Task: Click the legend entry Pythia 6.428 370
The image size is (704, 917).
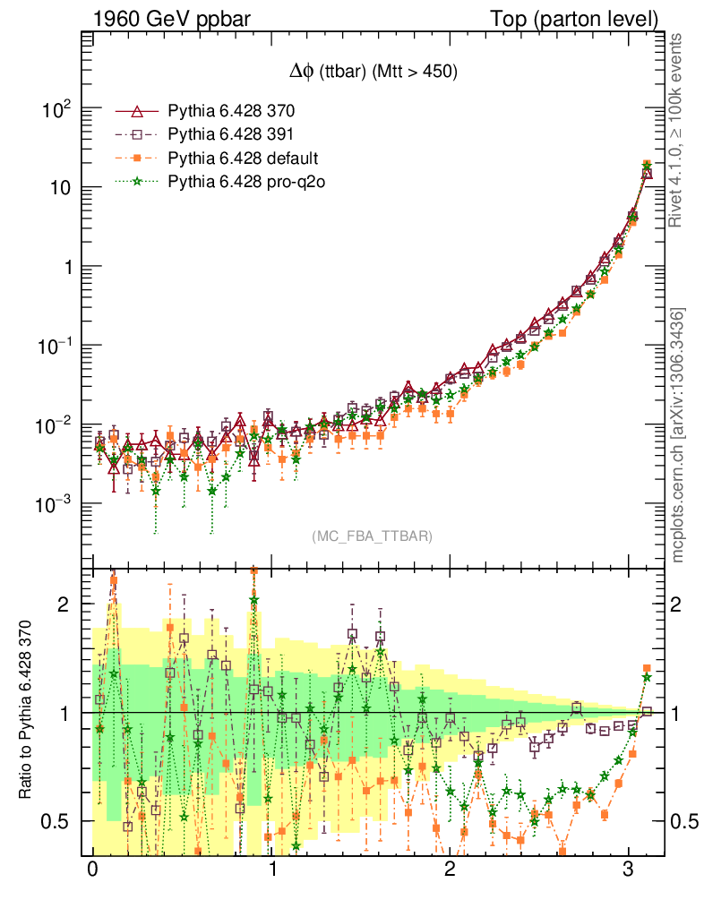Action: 231,112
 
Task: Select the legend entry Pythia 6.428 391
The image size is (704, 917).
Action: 231,135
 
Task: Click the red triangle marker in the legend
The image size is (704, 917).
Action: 137,112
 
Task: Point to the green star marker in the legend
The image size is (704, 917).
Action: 137,182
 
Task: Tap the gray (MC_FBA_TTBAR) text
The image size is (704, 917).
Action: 373,536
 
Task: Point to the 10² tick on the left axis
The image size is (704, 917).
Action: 56,110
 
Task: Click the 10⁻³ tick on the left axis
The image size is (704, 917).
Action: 54,505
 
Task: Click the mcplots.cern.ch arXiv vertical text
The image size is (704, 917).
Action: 678,435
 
